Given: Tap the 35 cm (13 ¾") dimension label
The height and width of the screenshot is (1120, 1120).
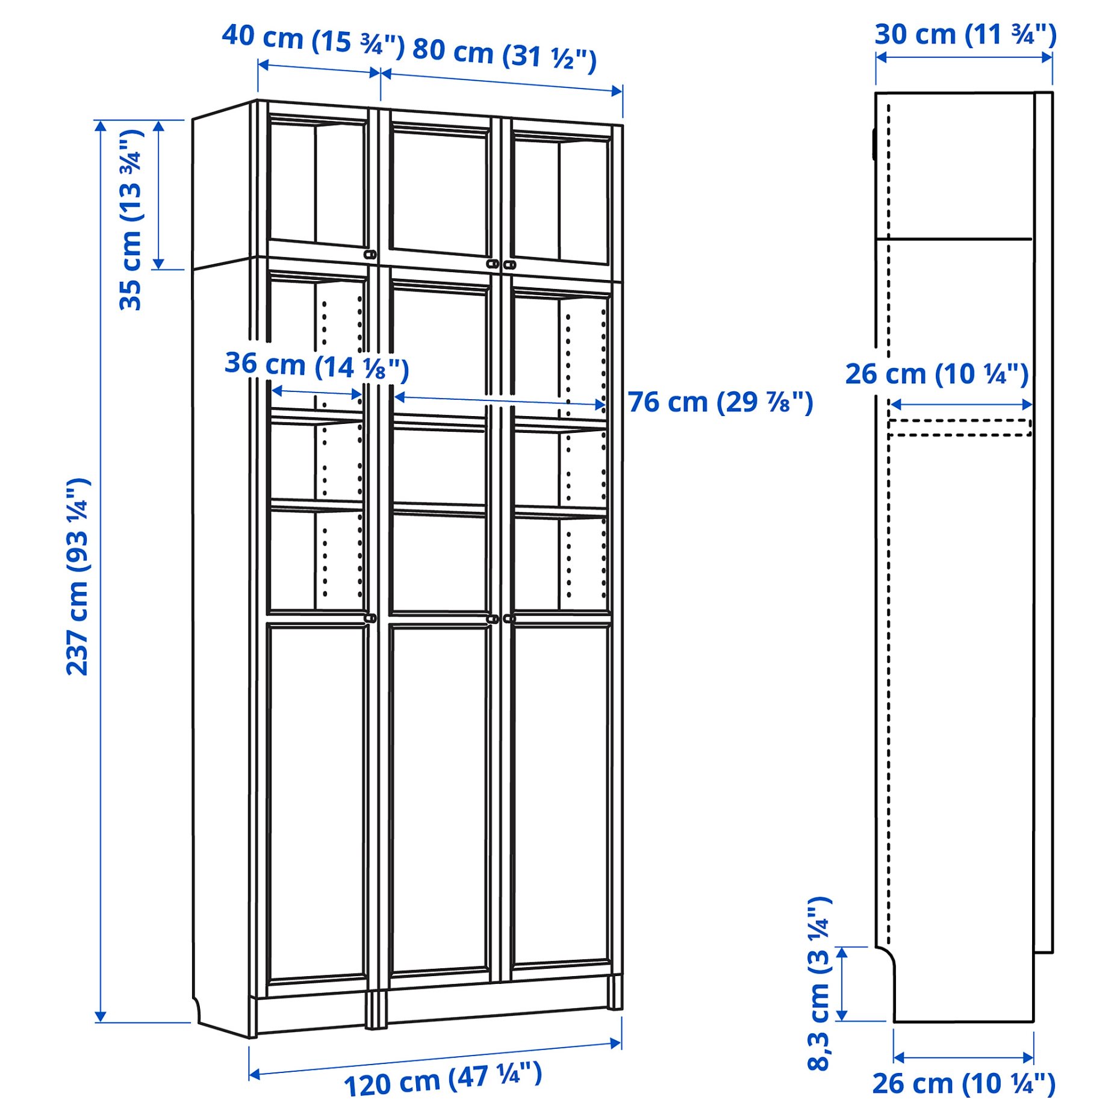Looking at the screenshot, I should click(x=131, y=220).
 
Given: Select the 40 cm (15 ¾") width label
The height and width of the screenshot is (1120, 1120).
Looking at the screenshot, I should click(x=313, y=40).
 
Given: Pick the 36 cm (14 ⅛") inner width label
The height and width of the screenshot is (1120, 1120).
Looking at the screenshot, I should click(x=317, y=366).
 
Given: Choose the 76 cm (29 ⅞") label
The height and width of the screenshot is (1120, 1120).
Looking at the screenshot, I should click(x=720, y=402).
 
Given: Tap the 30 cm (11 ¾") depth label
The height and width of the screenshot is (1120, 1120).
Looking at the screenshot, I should click(x=965, y=34).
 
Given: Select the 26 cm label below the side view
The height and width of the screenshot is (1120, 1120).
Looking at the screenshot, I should click(x=963, y=1084).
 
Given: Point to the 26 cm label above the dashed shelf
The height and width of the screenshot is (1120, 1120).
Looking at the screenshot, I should click(x=937, y=374).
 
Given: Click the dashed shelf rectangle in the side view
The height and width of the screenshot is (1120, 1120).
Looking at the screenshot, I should click(x=960, y=428).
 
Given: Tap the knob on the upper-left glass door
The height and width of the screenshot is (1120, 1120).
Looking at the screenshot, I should click(x=370, y=255).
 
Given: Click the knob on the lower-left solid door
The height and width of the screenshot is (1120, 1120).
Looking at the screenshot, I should click(x=370, y=618).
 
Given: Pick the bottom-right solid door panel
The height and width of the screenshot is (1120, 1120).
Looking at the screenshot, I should click(x=561, y=795).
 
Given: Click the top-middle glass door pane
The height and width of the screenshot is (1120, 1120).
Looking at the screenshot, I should click(x=439, y=193).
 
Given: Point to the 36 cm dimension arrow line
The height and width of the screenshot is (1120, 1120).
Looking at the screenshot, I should click(x=317, y=393).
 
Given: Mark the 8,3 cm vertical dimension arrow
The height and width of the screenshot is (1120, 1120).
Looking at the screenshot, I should click(x=842, y=983).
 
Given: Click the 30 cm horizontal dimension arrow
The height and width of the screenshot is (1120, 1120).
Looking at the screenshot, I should click(x=963, y=58).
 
